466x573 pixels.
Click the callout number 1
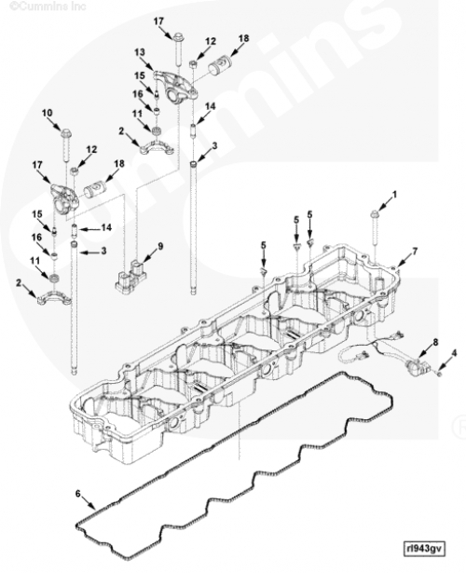(394, 195)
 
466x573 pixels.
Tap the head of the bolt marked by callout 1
(375, 214)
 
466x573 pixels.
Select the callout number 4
(454, 353)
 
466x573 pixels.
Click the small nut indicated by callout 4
(440, 375)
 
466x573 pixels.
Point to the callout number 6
(78, 494)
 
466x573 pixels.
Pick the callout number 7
(415, 251)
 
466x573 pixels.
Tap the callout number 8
(435, 343)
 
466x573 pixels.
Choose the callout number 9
(48, 113)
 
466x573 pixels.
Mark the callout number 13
(139, 52)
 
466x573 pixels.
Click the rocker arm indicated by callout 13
(176, 87)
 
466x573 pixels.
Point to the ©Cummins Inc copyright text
(48, 6)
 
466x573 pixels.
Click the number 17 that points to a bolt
(158, 21)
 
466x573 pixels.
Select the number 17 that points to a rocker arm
(37, 165)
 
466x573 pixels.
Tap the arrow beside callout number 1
(385, 204)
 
